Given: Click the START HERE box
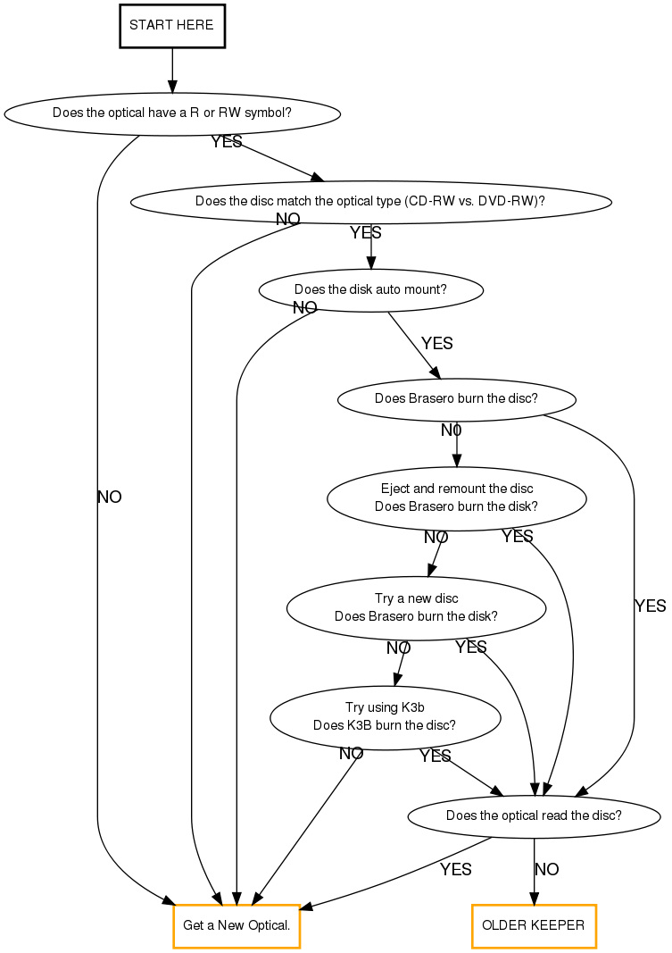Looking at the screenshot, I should (171, 25).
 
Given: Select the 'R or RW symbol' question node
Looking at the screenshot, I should (172, 113).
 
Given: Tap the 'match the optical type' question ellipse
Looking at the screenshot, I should (370, 201).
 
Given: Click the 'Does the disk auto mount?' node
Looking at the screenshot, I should (370, 289).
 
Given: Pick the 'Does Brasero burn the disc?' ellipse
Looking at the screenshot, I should (456, 398).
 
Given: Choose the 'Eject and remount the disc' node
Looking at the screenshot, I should (456, 497).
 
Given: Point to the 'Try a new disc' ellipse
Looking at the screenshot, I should (416, 607).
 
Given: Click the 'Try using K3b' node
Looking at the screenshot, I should (385, 716).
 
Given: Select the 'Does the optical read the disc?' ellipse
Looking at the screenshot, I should (534, 815).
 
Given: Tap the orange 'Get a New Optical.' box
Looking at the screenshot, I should (236, 925).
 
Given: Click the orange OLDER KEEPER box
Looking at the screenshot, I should (534, 925).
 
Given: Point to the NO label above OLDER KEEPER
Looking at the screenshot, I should (547, 869).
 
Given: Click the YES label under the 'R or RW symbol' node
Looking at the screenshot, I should (227, 142).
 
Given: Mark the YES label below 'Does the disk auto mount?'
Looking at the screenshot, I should (437, 343).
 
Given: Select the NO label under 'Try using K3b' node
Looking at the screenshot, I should (352, 753).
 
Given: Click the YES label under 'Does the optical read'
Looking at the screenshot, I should (455, 869).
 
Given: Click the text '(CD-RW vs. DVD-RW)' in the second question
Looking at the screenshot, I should (474, 201).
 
